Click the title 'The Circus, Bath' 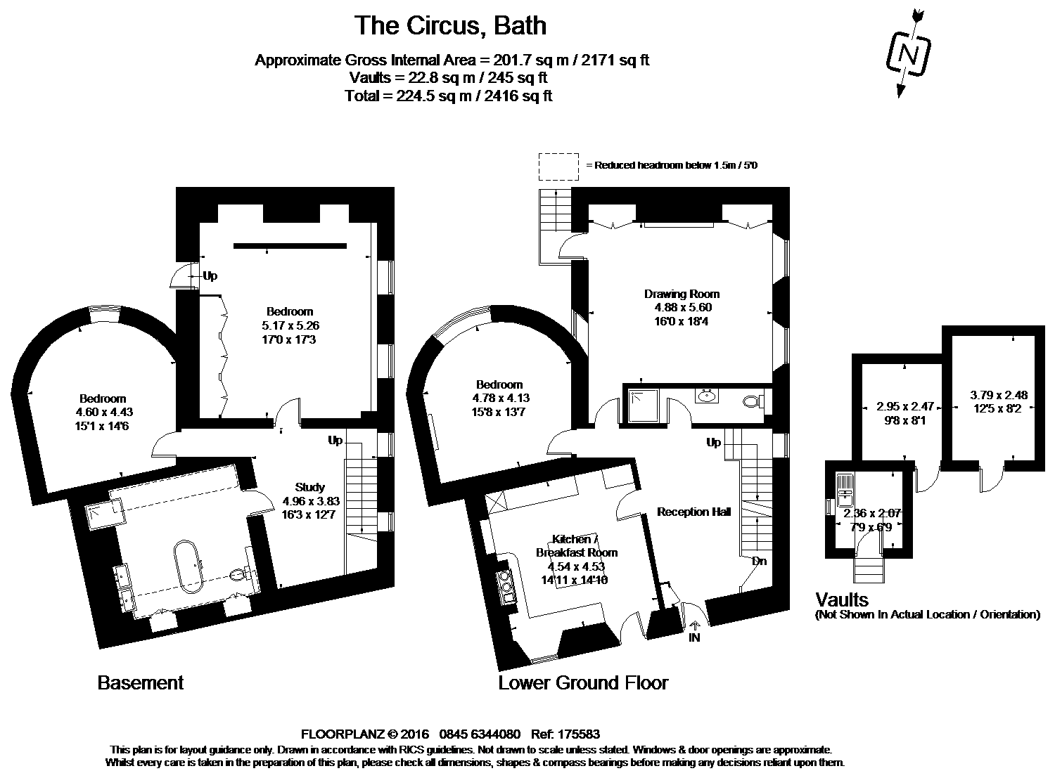pos(450,26)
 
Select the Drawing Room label pos(682,294)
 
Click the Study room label pos(310,487)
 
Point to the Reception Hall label pos(693,512)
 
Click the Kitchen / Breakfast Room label pos(570,545)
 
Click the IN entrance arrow pos(695,631)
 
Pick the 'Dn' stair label pos(759,562)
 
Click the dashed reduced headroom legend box pos(558,167)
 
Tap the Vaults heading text pos(842,599)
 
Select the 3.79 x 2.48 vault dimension pos(998,395)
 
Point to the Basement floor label pos(141,682)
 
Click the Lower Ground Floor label pos(583,682)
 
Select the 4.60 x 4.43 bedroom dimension pos(103,413)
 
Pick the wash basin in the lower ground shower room pos(707,396)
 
